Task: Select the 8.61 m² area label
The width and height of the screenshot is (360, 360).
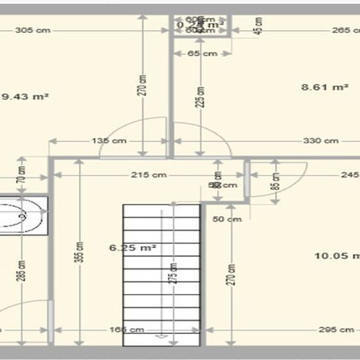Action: (324, 86)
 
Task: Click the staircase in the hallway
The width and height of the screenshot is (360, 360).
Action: (161, 268)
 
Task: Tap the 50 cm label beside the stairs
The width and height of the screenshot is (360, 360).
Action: (227, 219)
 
